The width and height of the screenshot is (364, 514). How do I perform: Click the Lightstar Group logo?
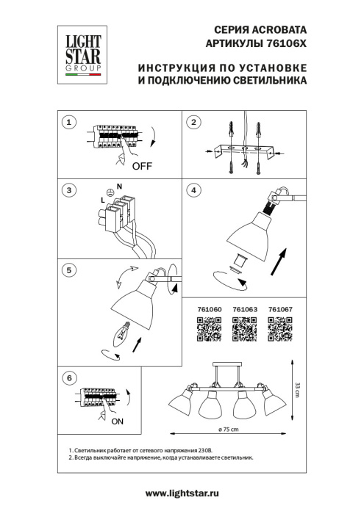80,52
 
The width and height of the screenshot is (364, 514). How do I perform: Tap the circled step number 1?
68,123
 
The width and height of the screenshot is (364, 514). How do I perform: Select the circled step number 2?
194,123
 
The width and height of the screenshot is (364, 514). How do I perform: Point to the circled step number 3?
68,191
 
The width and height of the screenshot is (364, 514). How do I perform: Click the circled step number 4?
194,191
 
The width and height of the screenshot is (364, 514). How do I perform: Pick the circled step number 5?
68,270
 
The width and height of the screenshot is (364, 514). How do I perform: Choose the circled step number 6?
68,377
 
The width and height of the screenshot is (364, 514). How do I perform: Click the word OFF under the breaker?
142,166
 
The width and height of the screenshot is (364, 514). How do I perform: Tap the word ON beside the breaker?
118,424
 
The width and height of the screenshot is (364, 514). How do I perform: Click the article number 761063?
245,309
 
